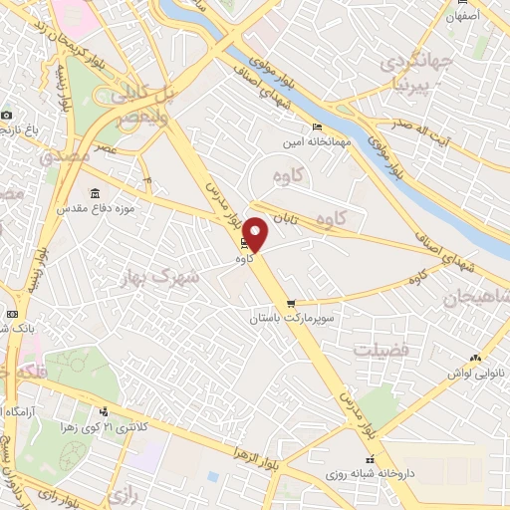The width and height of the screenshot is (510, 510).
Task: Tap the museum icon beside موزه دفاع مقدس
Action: coord(96,193)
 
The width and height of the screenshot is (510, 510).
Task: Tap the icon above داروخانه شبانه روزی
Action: coord(371,460)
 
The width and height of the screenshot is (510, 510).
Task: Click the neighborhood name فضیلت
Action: coord(381,351)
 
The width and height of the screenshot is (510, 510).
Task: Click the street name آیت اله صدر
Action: coord(421,137)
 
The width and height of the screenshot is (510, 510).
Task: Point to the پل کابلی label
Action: coord(133,96)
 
